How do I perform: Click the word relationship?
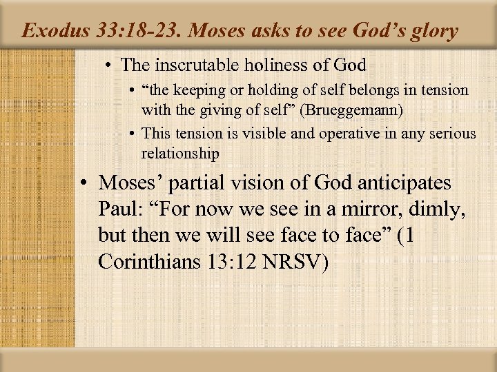180,153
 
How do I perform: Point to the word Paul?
118,209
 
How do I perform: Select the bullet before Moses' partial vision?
85,183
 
